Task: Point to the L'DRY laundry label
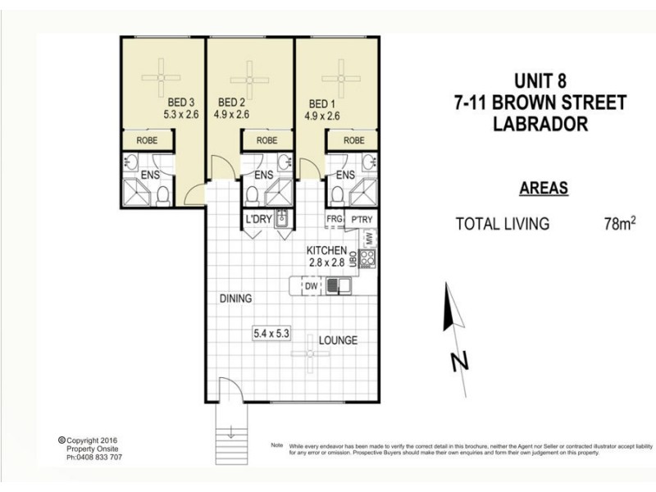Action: click(258, 219)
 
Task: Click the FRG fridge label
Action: click(334, 220)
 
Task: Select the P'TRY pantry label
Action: click(362, 220)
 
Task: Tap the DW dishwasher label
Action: click(311, 287)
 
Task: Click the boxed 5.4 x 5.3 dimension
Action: click(273, 333)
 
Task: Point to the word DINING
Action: click(235, 298)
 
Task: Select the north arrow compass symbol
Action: click(449, 320)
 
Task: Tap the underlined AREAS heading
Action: click(544, 189)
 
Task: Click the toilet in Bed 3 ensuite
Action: click(164, 195)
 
